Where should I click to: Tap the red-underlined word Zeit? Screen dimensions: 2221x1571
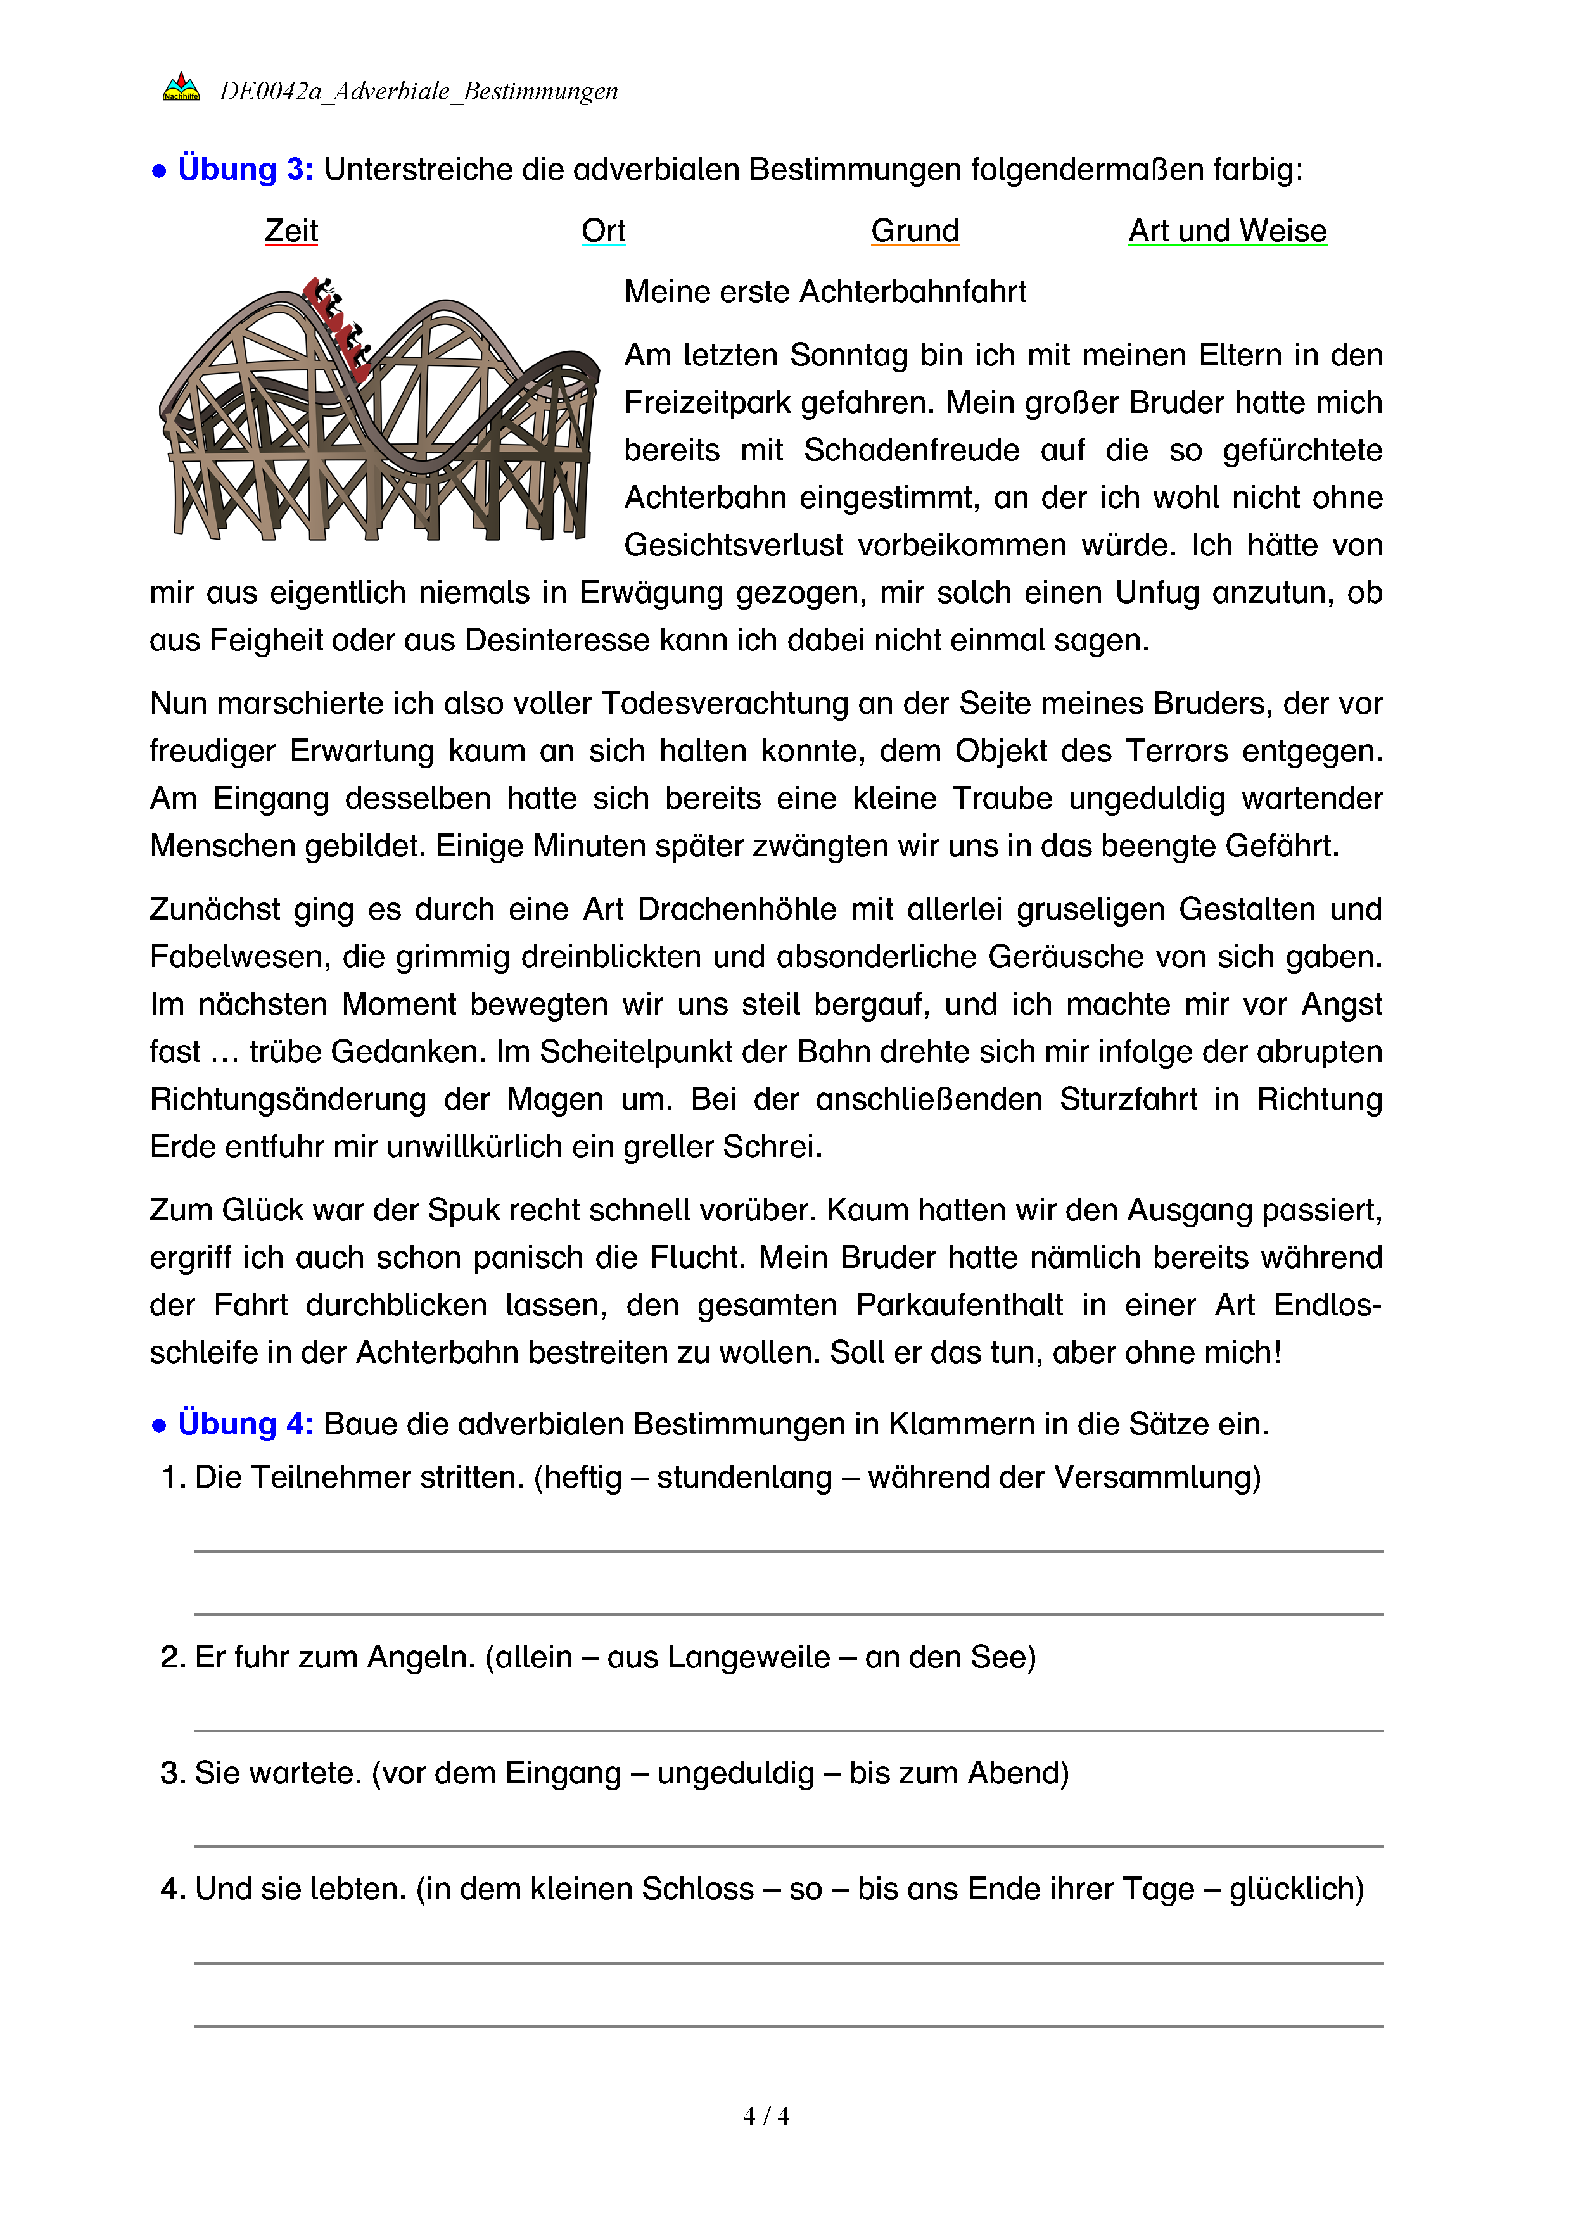pos(291,231)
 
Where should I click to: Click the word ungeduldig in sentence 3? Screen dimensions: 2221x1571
pos(735,1773)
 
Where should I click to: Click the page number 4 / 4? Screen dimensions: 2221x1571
pos(765,2117)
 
